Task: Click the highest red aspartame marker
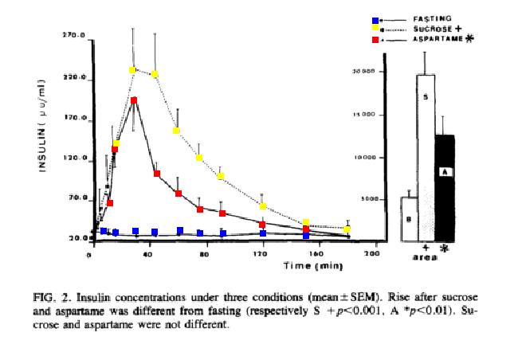coord(135,100)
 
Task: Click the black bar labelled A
coord(445,187)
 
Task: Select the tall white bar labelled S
coord(426,155)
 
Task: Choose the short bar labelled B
coord(408,219)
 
